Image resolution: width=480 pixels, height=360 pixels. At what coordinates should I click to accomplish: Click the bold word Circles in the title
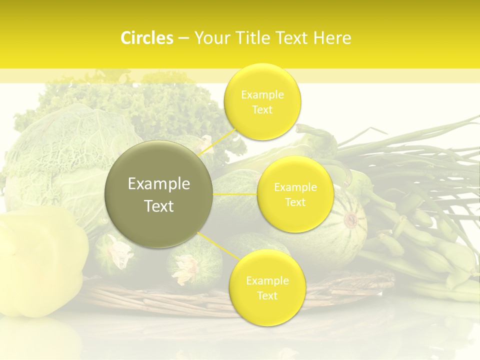(146, 38)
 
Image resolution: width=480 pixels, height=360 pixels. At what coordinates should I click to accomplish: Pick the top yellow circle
(262, 102)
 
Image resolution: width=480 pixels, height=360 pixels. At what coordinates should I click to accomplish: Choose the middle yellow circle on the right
(295, 194)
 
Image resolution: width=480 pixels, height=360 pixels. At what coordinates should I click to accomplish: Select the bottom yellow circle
(266, 288)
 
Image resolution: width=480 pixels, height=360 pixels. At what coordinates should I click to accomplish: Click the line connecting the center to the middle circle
(235, 194)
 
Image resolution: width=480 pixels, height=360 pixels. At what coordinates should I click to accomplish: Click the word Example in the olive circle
(159, 184)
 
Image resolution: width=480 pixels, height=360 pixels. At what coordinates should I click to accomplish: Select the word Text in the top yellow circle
(262, 110)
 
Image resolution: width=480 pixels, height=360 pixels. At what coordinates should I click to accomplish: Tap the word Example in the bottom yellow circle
(267, 280)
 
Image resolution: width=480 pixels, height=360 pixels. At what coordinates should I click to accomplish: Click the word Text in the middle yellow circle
(295, 202)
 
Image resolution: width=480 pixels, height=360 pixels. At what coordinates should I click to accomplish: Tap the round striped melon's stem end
(351, 219)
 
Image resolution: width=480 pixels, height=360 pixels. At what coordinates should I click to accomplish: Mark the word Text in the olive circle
(159, 206)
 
